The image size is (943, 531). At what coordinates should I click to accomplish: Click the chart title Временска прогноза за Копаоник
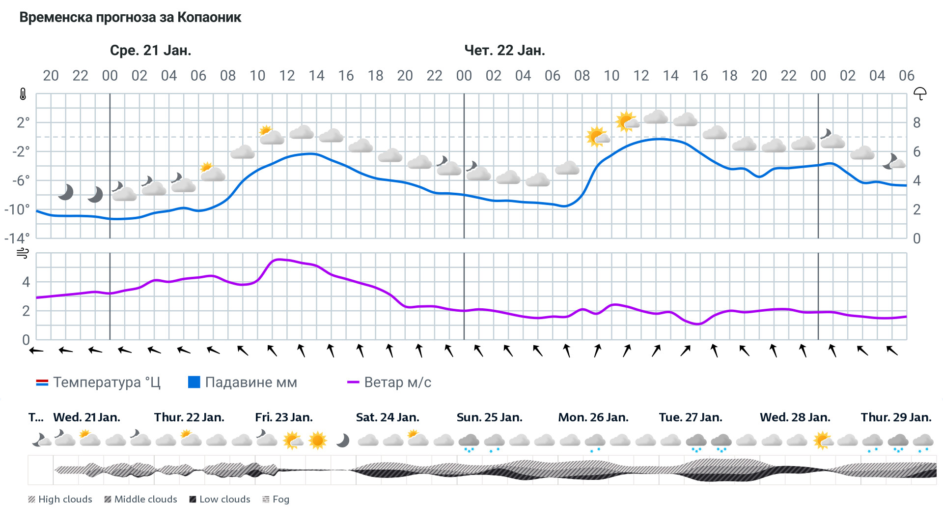(x=130, y=18)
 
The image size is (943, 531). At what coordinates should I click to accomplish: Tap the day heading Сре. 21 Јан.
(x=150, y=50)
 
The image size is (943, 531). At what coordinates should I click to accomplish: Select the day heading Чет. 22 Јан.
(x=504, y=50)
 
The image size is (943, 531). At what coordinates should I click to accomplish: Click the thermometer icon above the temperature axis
(x=23, y=94)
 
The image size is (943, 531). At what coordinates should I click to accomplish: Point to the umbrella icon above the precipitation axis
(x=919, y=93)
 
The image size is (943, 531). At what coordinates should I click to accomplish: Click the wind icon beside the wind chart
(x=23, y=254)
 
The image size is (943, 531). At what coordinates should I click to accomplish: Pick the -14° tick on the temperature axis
(x=17, y=238)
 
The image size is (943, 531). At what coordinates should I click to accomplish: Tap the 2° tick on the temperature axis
(x=23, y=122)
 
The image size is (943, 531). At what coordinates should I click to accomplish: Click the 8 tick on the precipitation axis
(x=916, y=122)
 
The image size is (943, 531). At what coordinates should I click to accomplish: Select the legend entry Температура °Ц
(x=98, y=383)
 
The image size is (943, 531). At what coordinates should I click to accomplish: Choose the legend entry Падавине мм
(x=243, y=383)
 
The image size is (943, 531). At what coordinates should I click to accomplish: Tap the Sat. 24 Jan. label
(x=388, y=417)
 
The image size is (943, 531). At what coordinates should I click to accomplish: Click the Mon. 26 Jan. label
(x=593, y=417)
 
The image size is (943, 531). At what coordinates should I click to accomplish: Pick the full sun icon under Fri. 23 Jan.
(x=317, y=440)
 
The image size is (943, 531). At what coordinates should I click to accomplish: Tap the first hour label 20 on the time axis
(x=51, y=76)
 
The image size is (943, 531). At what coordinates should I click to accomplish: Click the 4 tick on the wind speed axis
(x=26, y=282)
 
